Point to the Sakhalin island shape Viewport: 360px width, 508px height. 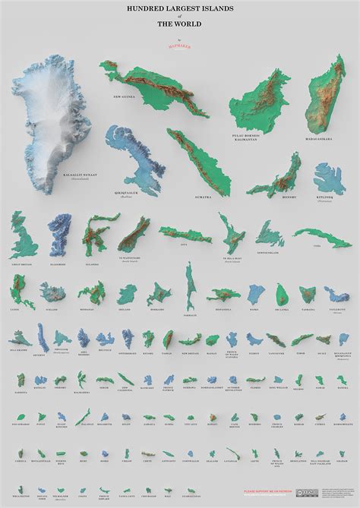tap(190, 289)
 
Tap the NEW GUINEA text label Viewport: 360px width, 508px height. tap(125, 97)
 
